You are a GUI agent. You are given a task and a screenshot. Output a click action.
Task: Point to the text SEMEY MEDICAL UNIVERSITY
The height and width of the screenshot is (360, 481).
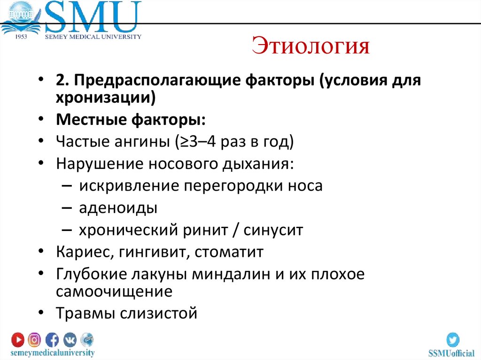coord(93,37)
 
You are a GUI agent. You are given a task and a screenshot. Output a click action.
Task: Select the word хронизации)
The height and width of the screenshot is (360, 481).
coord(106,98)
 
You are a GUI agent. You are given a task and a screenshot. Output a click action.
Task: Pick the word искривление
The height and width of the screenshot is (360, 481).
coord(129,185)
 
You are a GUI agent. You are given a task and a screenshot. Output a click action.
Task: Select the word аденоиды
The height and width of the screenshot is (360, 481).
coord(118,208)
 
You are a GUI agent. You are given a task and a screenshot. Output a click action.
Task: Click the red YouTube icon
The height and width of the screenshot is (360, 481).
coord(18,339)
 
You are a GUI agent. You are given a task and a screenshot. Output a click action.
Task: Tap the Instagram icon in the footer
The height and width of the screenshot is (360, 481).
coord(34,339)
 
